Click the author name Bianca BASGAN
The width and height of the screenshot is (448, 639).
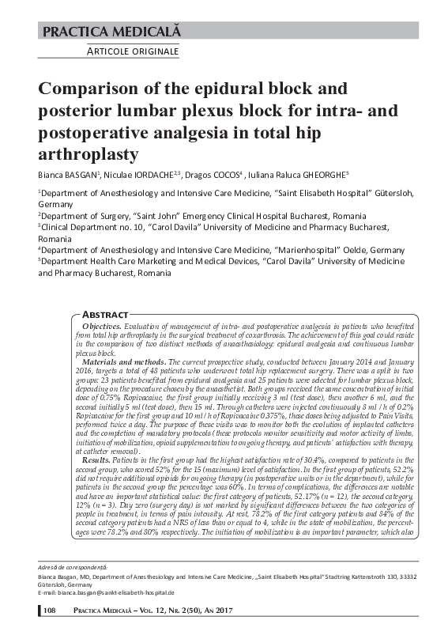70,173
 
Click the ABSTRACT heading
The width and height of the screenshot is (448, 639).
106,314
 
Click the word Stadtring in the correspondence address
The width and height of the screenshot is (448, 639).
331,599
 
